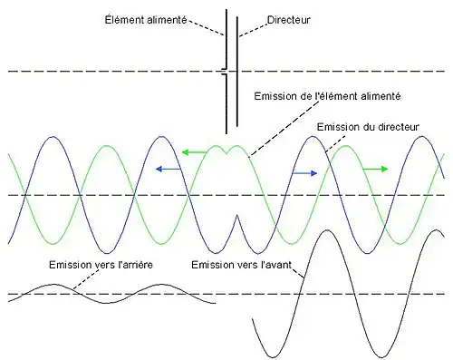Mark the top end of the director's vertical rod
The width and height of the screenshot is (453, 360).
[237, 12]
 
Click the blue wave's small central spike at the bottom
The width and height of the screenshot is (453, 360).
[236, 218]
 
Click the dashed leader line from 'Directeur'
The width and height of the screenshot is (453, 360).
[254, 27]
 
